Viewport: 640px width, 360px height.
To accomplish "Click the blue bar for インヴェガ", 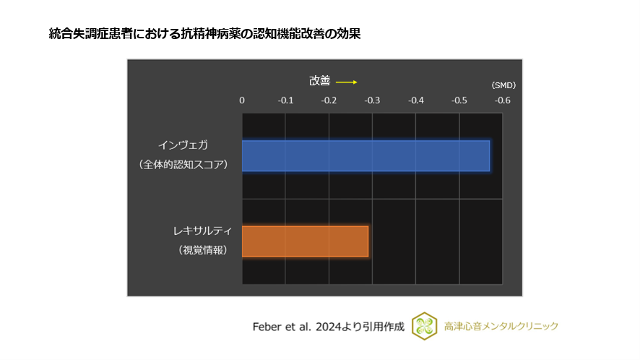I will [x=366, y=155].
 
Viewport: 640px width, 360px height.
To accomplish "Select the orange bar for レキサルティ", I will [x=305, y=241].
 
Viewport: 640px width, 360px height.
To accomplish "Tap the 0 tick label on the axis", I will [x=242, y=100].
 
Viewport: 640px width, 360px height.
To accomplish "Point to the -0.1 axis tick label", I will [x=285, y=100].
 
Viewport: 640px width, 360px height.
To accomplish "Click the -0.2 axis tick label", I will [x=329, y=100].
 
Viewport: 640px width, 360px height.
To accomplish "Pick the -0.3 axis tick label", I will [x=372, y=100].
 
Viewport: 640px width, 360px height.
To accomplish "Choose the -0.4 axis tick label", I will [x=415, y=100].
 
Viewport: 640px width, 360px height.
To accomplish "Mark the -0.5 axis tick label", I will [x=459, y=100].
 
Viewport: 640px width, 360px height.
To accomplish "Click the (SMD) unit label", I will [x=503, y=85].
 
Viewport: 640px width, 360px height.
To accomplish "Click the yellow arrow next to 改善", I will [x=347, y=82].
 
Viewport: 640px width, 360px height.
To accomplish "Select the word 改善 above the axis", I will [x=320, y=82].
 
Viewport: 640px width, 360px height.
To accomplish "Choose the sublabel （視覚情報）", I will [x=202, y=251].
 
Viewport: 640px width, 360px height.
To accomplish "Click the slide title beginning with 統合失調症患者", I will [x=204, y=33].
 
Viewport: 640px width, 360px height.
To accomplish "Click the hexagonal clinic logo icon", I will [x=424, y=326].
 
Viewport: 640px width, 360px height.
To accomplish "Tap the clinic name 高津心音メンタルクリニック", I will [x=501, y=327].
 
